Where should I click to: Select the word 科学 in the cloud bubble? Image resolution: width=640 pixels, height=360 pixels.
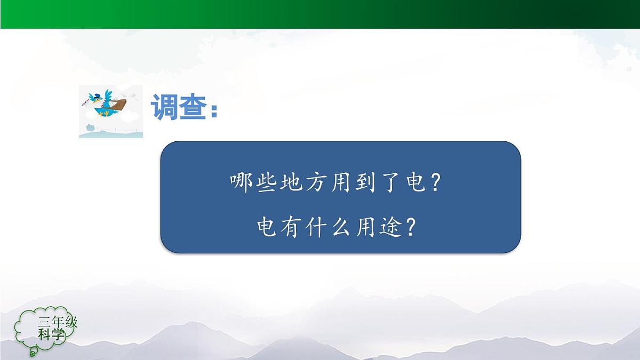click(51, 335)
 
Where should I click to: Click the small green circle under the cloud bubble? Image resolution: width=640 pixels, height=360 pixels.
click(33, 352)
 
